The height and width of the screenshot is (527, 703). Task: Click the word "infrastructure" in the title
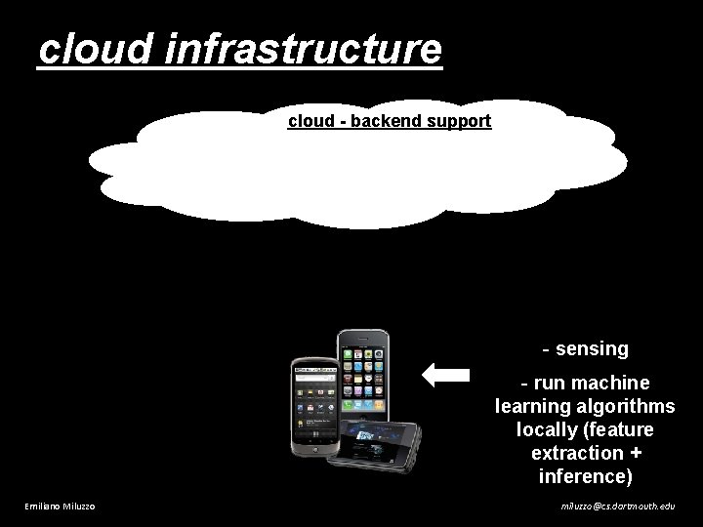coord(305,49)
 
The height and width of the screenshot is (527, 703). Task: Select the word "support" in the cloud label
coord(458,122)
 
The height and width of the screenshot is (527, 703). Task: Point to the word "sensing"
coord(592,348)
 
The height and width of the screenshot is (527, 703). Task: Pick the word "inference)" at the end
coord(586,476)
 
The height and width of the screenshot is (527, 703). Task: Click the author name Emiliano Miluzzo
coord(60,506)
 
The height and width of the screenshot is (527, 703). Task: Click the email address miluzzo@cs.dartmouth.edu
coord(617,506)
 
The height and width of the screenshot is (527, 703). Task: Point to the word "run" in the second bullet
coord(557,383)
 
